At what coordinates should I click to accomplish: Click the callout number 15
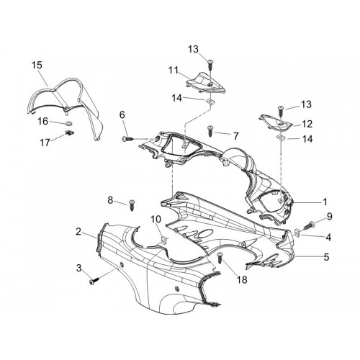click(37, 65)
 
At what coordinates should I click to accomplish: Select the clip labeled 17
click(69, 132)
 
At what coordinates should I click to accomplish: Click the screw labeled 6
click(128, 139)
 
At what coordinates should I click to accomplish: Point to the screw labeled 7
click(210, 130)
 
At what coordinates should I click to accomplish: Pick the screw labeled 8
click(132, 204)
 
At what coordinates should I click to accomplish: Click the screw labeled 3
click(94, 281)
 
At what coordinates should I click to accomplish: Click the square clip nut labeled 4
click(297, 232)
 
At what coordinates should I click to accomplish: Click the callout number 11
click(173, 71)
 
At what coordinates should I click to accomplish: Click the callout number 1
click(325, 202)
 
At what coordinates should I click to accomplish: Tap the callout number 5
click(326, 257)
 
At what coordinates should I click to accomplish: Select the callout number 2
click(78, 232)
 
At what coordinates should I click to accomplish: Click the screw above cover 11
click(210, 64)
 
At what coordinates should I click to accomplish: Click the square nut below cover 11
click(210, 102)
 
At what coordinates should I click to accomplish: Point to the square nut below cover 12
click(281, 138)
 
